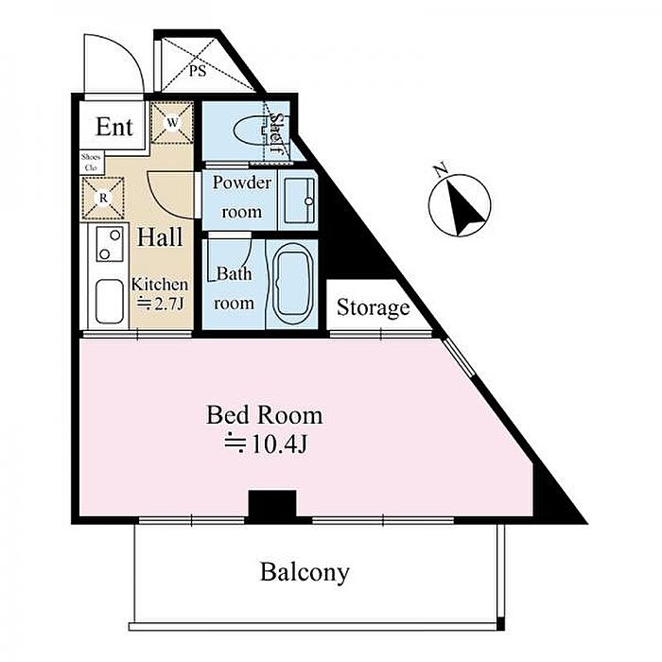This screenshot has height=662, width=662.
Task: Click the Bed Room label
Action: tap(264, 415)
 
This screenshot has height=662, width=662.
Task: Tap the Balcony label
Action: tap(305, 572)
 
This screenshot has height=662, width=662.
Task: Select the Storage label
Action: tap(374, 307)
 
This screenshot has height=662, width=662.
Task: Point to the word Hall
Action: tap(160, 236)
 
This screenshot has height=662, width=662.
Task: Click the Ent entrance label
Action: tap(114, 127)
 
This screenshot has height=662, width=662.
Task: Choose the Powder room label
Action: tap(241, 197)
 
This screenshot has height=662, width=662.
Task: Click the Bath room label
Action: tap(234, 288)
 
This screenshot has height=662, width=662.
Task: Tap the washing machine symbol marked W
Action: tap(174, 122)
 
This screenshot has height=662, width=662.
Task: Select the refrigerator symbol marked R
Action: tap(103, 197)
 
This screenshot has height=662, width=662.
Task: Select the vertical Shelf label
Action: tap(277, 133)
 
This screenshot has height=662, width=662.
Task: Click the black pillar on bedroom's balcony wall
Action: tap(271, 505)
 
